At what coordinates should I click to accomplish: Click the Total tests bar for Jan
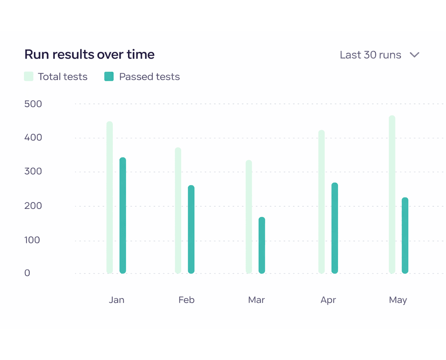click(110, 197)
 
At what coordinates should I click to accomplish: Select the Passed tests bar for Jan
click(123, 215)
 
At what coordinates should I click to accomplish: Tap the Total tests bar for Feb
click(178, 210)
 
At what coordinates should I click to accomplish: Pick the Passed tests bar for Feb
click(191, 229)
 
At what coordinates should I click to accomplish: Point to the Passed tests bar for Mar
click(262, 245)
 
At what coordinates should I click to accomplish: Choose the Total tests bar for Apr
click(321, 202)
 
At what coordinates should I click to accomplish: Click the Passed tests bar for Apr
click(334, 228)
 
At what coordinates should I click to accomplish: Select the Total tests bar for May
click(392, 194)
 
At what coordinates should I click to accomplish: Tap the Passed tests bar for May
click(405, 236)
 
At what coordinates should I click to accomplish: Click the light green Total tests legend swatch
click(29, 77)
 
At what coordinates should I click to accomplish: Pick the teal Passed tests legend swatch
click(109, 77)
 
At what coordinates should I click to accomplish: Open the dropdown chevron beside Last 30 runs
click(414, 55)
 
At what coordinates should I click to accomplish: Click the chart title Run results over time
click(89, 54)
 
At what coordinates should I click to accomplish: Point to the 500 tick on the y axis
click(33, 104)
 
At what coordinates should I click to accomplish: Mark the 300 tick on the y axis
click(33, 172)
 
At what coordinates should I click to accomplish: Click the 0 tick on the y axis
click(27, 273)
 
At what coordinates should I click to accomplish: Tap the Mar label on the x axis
click(257, 300)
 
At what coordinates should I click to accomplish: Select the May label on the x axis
click(398, 300)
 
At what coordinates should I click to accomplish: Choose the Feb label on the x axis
click(186, 300)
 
